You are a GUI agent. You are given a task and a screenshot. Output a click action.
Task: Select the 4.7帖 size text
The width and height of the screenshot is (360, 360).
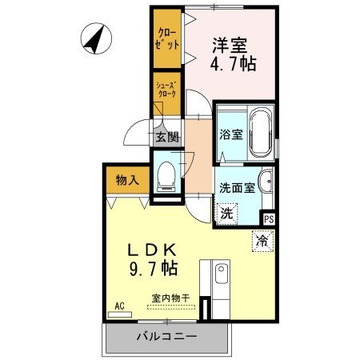click(234, 65)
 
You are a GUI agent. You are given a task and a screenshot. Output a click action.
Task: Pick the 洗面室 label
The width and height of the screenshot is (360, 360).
click(238, 189)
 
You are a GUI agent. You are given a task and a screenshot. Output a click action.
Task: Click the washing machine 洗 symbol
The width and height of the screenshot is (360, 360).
click(227, 214)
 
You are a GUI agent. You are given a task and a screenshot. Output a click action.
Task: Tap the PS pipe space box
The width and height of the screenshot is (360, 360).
click(269, 218)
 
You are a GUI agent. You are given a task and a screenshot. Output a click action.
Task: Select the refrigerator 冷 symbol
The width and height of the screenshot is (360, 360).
click(261, 239)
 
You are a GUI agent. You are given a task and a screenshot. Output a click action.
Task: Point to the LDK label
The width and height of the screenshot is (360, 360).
click(150, 249)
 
